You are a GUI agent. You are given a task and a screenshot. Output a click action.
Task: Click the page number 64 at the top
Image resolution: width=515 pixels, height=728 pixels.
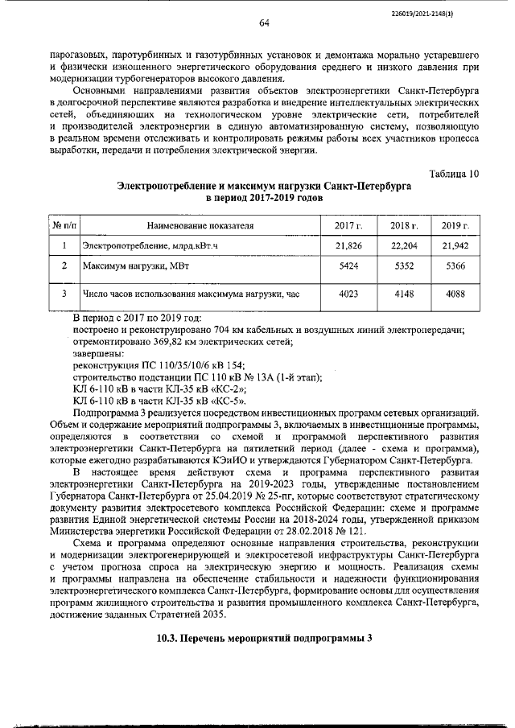pyautogui.click(x=263, y=23)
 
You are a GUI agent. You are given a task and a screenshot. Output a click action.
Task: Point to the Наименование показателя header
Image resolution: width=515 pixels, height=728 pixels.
pyautogui.click(x=200, y=226)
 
